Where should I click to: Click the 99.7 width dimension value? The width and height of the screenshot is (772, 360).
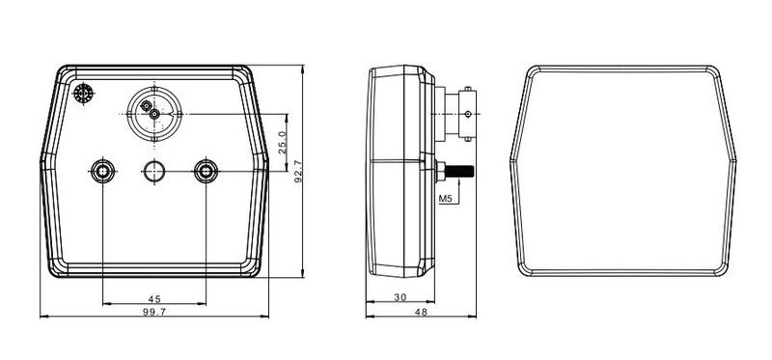tap(154, 312)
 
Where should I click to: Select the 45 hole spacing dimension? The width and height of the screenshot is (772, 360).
tap(154, 299)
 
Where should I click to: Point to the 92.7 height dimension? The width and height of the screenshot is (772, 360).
tap(298, 171)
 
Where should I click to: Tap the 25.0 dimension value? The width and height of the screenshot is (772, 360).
tap(282, 143)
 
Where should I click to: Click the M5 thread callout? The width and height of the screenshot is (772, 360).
tap(445, 199)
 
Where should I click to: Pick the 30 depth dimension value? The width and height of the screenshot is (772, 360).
tap(400, 297)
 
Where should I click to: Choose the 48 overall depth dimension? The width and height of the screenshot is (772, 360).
tap(421, 312)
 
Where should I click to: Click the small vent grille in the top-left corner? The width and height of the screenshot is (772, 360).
tap(83, 94)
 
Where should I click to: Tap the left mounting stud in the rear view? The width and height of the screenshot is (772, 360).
tap(103, 172)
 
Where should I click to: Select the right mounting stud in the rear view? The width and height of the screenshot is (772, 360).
tap(206, 172)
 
